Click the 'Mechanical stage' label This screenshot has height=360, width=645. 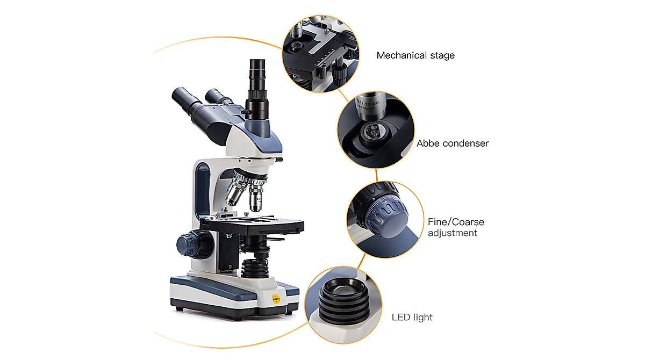[415, 55]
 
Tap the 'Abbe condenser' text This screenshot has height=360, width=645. [452, 143]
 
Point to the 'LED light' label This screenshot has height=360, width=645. [412, 317]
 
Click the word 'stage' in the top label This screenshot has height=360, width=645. [442, 55]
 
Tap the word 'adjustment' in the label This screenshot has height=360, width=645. [452, 233]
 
